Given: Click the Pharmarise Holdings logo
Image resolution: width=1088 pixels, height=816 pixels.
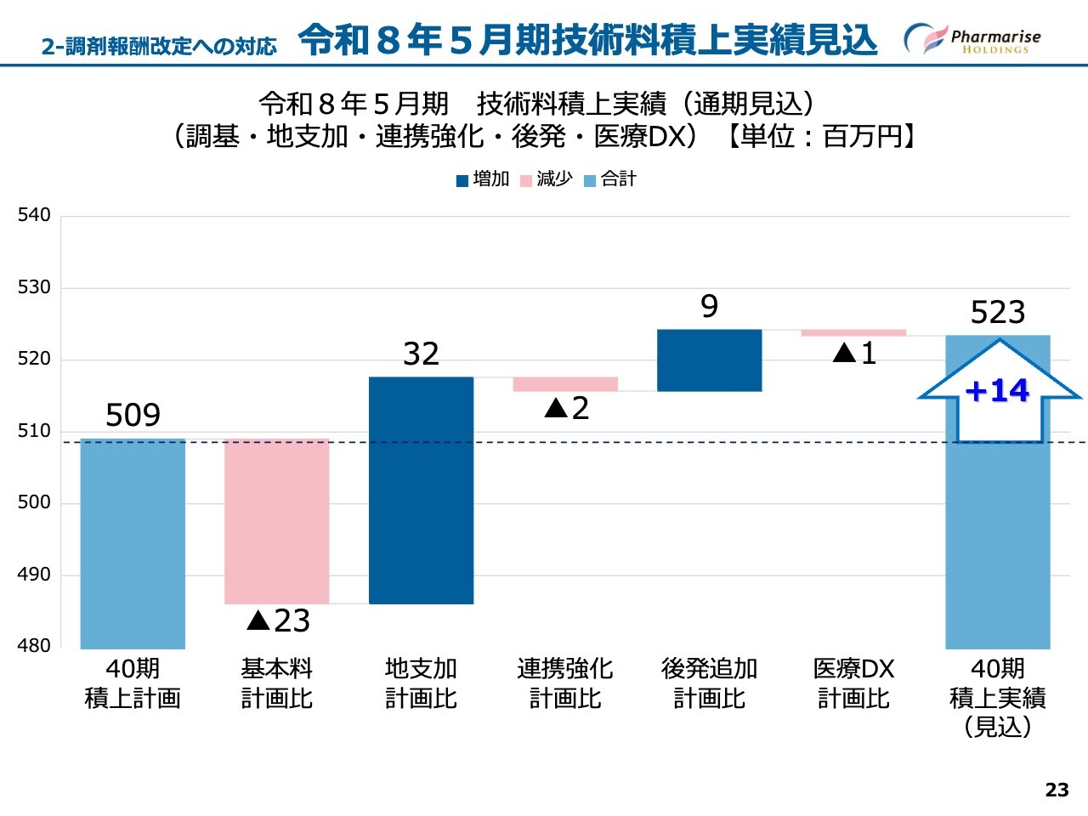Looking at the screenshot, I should click(972, 39).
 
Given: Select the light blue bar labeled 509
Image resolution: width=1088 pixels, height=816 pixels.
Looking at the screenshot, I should click(133, 543).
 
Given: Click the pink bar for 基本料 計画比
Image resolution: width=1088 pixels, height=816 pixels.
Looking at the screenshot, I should click(276, 521).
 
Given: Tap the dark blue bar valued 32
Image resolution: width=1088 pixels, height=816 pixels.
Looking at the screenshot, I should click(421, 490).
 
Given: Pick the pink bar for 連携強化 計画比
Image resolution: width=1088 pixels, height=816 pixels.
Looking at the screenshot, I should click(565, 384).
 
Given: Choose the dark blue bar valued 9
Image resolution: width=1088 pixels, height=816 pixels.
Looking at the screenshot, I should click(709, 360).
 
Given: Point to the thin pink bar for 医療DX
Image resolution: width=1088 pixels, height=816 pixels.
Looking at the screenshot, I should click(853, 332).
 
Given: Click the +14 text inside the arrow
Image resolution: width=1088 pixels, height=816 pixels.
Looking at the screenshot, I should click(997, 390).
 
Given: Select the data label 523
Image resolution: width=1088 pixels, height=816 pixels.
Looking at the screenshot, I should click(998, 313).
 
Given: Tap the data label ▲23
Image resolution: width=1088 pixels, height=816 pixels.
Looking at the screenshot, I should click(278, 620).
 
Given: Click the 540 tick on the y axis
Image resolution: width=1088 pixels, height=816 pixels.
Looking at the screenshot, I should click(34, 215).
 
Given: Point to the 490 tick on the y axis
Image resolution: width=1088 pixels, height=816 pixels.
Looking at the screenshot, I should click(34, 575).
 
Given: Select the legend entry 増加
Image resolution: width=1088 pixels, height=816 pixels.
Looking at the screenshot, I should click(483, 179).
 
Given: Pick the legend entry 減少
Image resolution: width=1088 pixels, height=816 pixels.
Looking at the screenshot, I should click(547, 179).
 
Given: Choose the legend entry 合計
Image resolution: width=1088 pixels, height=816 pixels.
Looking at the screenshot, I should click(610, 179).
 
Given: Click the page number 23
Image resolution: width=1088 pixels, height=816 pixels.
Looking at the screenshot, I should click(1057, 790).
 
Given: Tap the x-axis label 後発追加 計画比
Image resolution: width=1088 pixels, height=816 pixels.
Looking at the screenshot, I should click(709, 683).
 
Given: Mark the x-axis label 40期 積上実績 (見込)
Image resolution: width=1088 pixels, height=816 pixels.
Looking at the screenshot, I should click(998, 697).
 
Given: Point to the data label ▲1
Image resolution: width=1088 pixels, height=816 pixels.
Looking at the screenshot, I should click(854, 353).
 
